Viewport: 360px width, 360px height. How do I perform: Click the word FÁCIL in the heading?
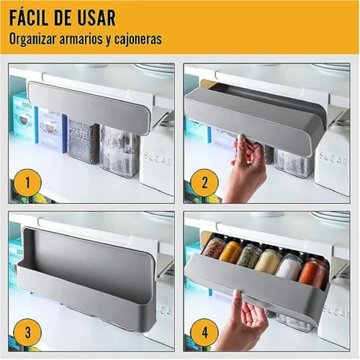tap(29, 17)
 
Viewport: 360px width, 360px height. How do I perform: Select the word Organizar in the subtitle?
tap(32, 39)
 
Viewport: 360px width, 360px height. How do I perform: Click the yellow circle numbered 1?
tap(27, 183)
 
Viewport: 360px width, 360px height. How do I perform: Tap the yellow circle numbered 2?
tap(204, 183)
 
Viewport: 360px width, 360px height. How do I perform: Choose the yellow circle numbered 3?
tap(27, 333)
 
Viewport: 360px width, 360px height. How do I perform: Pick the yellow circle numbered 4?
tap(204, 333)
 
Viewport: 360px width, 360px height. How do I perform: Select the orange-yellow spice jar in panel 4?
tap(230, 251)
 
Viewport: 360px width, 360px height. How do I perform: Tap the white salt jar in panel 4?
tap(289, 266)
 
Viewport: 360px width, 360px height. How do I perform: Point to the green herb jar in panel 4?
tap(248, 256)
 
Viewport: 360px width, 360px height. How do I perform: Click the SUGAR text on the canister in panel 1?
tap(158, 158)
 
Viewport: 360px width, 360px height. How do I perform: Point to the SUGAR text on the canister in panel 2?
tap(333, 159)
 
